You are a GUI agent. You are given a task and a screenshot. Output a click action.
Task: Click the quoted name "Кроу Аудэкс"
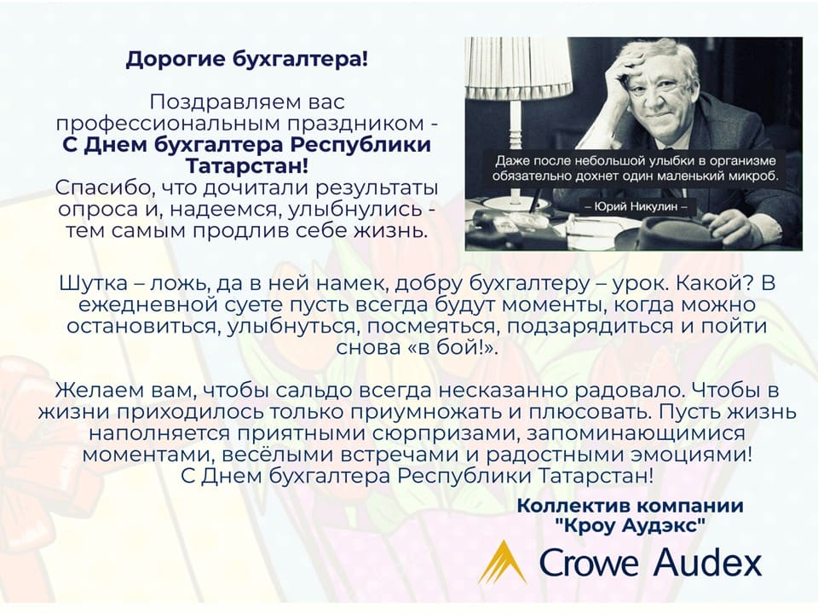coord(631,525)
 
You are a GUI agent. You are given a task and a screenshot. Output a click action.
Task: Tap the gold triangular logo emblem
coord(503,563)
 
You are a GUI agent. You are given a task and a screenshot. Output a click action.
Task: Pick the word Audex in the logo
coord(708,562)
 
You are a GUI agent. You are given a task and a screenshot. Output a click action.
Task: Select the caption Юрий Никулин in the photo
coord(636,206)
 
